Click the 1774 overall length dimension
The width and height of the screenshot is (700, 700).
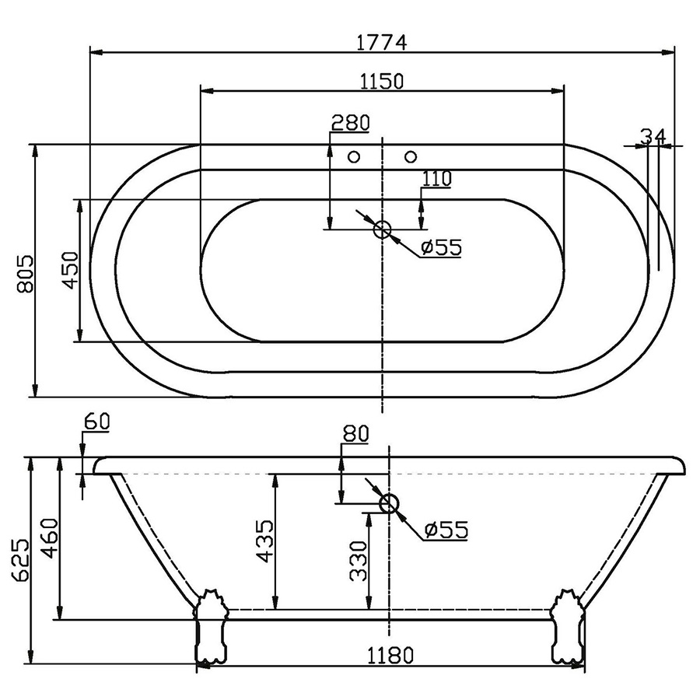coord(382,43)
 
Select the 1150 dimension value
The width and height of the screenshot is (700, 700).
coord(382,81)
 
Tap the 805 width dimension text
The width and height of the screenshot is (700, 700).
coord(25,274)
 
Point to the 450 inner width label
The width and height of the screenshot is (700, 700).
coord(70,270)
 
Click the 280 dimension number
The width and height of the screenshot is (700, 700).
coord(351,123)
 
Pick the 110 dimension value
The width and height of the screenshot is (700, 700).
coord(437,179)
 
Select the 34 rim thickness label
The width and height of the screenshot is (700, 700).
coord(653,136)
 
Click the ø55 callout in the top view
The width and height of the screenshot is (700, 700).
coord(441,247)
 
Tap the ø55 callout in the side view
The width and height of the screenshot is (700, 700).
coord(446,530)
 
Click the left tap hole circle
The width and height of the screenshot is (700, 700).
coord(354,156)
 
